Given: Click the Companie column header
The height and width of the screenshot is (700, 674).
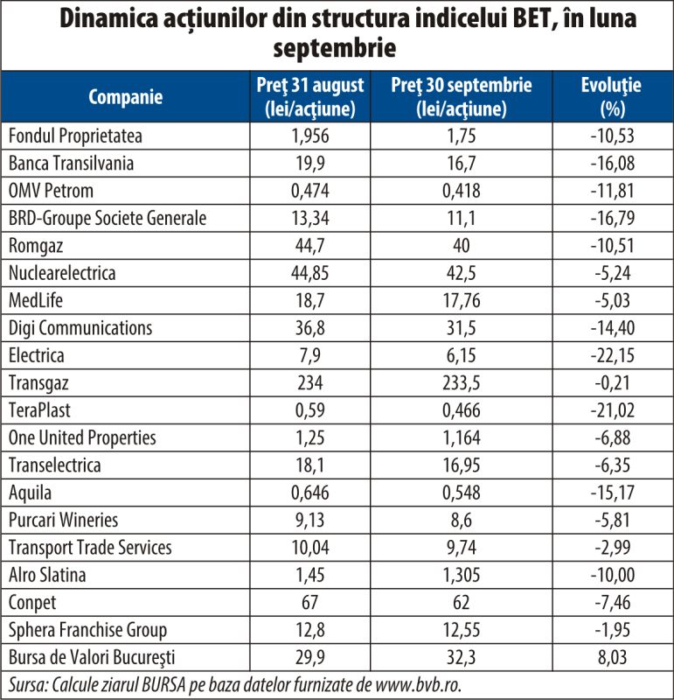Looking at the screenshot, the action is coord(125,97).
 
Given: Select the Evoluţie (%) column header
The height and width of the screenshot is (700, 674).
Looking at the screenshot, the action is coord(611,97).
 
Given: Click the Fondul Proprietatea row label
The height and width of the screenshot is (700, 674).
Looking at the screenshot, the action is coord(75,136).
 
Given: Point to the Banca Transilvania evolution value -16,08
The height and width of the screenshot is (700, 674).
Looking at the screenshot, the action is coord(613,164).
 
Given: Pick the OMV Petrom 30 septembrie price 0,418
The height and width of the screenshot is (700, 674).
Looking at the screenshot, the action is coord(462,191).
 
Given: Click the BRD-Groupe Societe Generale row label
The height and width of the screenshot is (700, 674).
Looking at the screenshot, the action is coord(108,218).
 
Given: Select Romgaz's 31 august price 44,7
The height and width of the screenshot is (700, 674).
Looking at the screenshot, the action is coord(310,246).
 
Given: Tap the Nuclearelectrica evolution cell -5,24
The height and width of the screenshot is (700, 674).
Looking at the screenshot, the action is coord(613,273).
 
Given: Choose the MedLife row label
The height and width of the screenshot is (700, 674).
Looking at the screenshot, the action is coord(36,300).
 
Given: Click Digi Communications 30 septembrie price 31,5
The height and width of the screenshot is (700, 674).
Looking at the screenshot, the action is coord(462,328).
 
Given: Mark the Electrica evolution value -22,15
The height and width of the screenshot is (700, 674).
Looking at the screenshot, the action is coord(613,356).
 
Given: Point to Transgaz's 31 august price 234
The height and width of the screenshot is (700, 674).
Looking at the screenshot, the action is coord(310,383).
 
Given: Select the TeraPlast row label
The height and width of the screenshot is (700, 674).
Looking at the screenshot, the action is coord(39,410).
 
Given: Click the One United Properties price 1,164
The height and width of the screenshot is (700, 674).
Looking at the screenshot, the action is coord(462,438).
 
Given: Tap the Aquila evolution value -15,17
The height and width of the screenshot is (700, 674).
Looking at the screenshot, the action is coord(613,493).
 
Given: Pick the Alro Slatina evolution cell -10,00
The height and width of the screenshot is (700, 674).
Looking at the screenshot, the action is coord(613,575).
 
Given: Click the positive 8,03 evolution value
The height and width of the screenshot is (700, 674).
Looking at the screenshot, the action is coord(613,658).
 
